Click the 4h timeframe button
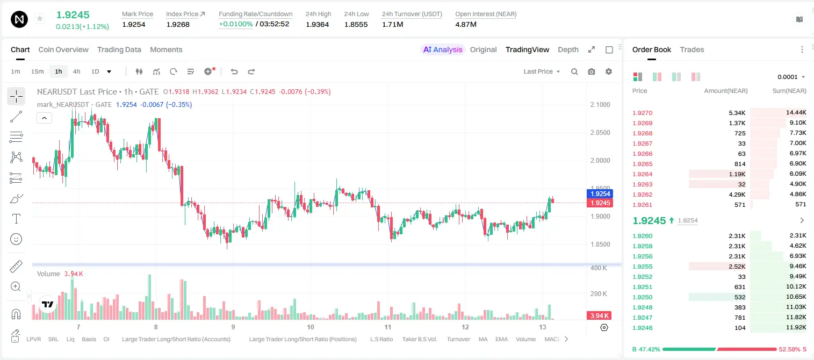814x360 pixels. coord(76,71)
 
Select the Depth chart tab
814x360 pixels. coord(568,50)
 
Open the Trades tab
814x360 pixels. coord(692,50)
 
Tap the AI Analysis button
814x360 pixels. coord(443,50)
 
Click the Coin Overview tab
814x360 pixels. coord(63,50)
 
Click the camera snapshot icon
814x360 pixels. coord(592,71)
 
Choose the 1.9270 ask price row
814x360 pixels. coord(643,113)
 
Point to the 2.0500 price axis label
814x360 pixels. coord(600,133)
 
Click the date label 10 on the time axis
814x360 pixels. coord(311,327)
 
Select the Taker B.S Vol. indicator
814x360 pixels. coord(420,339)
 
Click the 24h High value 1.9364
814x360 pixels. coord(317,24)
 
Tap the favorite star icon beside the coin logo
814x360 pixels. coord(40,18)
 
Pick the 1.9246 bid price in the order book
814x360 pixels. coord(643,328)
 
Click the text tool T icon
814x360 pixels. coord(16,219)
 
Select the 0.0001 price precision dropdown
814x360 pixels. coord(791,77)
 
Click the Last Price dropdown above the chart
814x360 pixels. coord(542,71)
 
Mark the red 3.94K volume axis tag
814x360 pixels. coord(599,316)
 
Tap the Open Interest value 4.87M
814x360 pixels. coord(466,24)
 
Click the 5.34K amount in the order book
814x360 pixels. coord(737,113)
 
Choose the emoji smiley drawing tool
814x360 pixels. coord(16,239)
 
